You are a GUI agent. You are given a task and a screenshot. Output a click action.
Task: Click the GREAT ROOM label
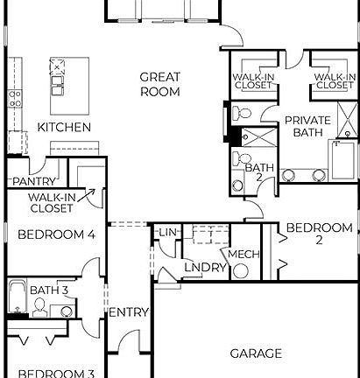[160, 84]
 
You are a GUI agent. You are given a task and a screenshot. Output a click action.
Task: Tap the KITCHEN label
[64, 128]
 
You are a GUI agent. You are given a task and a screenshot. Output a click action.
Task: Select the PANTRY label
[34, 181]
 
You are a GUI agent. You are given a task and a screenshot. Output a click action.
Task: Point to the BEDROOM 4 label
[56, 234]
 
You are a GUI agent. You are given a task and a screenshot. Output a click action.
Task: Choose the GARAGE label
[256, 353]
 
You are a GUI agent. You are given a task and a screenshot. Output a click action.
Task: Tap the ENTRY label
[129, 311]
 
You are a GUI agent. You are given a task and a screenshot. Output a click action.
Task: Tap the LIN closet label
[166, 233]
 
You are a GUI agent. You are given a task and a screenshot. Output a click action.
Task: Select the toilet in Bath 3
[39, 306]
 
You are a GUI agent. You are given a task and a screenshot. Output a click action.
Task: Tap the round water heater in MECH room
[241, 269]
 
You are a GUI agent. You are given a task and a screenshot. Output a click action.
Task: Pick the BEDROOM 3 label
[56, 372]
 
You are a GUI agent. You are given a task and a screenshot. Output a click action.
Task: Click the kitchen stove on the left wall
[13, 99]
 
